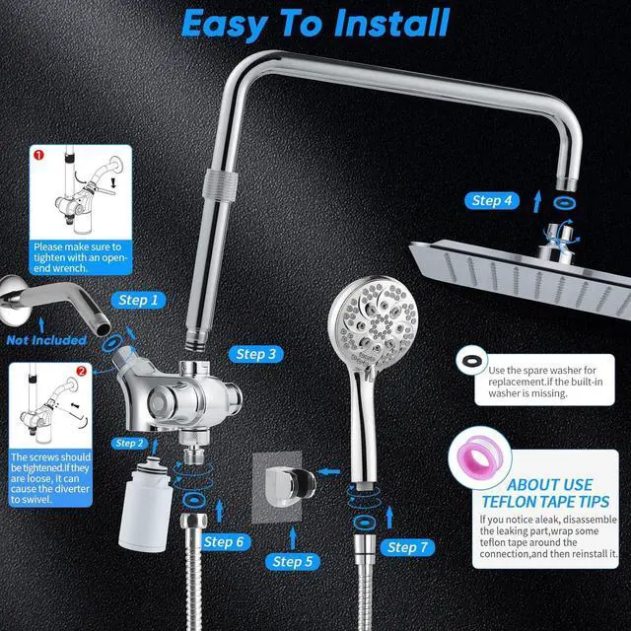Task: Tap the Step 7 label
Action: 408,546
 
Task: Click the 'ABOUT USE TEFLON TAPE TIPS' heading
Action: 549,493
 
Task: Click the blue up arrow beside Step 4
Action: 537,200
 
